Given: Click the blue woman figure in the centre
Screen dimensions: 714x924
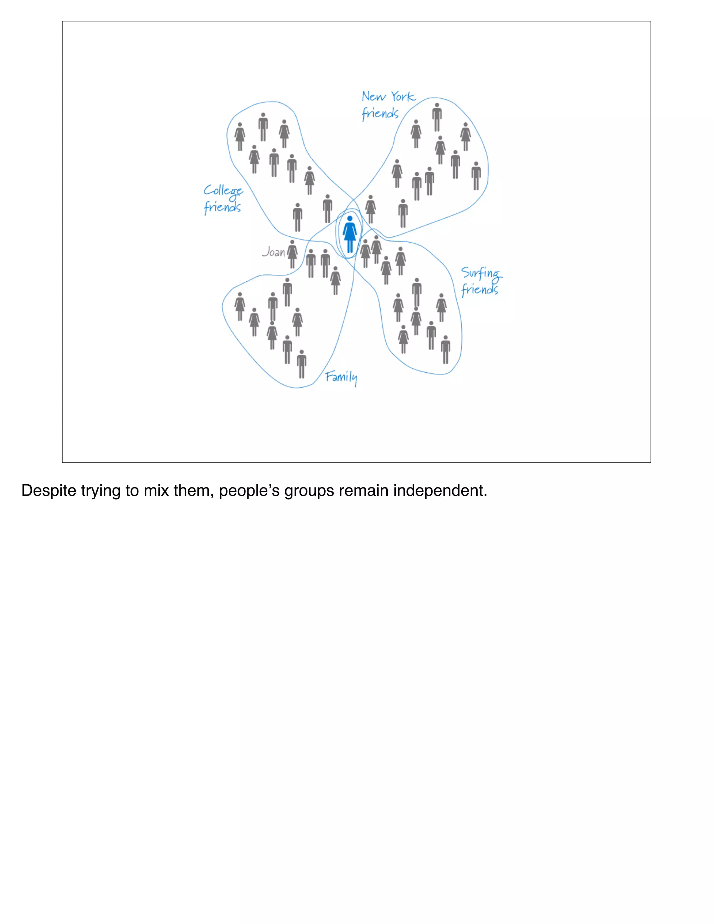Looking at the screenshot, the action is pyautogui.click(x=349, y=235).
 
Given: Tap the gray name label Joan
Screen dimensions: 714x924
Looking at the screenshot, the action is pyautogui.click(x=274, y=252).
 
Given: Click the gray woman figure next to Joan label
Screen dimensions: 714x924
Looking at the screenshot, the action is pyautogui.click(x=292, y=254).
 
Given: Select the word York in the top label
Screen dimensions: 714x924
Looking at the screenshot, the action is pyautogui.click(x=403, y=97).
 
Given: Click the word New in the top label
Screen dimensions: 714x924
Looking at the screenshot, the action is pyautogui.click(x=373, y=97).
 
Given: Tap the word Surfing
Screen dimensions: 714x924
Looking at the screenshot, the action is pyautogui.click(x=481, y=274).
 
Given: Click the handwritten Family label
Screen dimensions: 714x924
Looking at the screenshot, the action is pyautogui.click(x=341, y=377).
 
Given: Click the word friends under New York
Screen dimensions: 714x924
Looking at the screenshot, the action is pyautogui.click(x=380, y=113).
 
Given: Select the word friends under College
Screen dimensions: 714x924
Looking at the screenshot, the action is pyautogui.click(x=222, y=207).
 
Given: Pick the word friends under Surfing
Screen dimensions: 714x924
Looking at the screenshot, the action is pyautogui.click(x=479, y=290).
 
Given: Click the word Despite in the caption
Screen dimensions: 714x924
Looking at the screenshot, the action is pyautogui.click(x=49, y=491).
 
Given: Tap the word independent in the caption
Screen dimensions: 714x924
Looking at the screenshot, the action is pyautogui.click(x=440, y=491).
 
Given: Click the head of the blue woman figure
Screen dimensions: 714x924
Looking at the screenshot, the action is pyautogui.click(x=350, y=219).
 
